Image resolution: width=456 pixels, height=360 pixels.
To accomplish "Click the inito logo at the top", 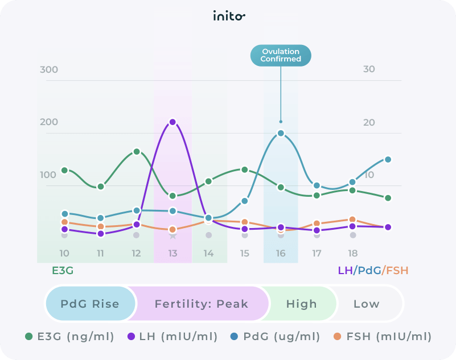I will (228, 16).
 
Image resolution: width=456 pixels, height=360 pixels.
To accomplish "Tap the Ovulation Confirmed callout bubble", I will (281, 55).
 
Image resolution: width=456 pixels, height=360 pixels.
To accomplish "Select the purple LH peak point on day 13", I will (172, 122).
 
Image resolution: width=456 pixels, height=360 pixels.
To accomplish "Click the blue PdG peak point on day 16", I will (281, 133).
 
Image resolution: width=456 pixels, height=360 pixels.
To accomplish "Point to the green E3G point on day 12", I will (137, 151).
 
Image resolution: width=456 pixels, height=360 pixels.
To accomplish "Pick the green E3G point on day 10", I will (64, 170).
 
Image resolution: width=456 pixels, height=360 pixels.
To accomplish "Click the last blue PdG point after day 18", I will (388, 159).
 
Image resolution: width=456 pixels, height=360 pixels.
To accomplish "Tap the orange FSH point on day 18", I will (352, 220).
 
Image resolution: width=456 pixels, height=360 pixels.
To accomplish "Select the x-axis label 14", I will (208, 253).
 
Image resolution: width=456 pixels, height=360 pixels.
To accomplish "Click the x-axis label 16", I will (281, 253).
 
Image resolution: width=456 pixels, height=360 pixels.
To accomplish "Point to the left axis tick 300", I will (49, 70).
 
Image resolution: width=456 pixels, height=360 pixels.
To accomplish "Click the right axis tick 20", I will (369, 123).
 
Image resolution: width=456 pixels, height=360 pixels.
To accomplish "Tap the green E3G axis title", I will (63, 271).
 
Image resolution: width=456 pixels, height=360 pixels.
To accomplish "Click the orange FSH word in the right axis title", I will (397, 271).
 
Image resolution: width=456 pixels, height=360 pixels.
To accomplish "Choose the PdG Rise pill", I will (90, 304).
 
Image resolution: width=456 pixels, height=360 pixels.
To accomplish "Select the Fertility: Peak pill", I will (202, 304).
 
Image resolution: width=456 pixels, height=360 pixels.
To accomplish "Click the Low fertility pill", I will (366, 304).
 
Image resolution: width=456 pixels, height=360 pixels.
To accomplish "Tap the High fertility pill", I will (301, 304).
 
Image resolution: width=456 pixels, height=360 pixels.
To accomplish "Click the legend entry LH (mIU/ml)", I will (172, 337).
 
